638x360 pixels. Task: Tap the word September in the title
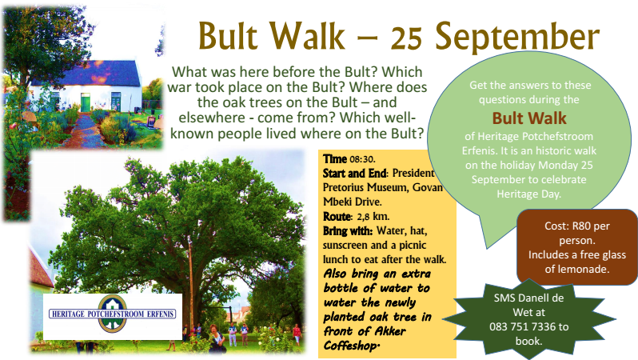click(x=517, y=38)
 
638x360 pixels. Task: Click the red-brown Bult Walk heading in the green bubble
click(x=529, y=118)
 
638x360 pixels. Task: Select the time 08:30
click(x=362, y=159)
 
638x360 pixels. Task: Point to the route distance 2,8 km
click(x=373, y=216)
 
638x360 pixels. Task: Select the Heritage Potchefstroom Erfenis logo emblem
click(x=112, y=314)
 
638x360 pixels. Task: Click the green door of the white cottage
click(x=86, y=102)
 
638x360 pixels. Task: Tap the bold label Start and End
click(x=354, y=174)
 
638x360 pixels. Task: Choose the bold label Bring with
click(x=347, y=231)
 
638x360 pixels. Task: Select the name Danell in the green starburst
click(x=528, y=298)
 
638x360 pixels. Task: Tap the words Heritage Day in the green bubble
click(x=529, y=194)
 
